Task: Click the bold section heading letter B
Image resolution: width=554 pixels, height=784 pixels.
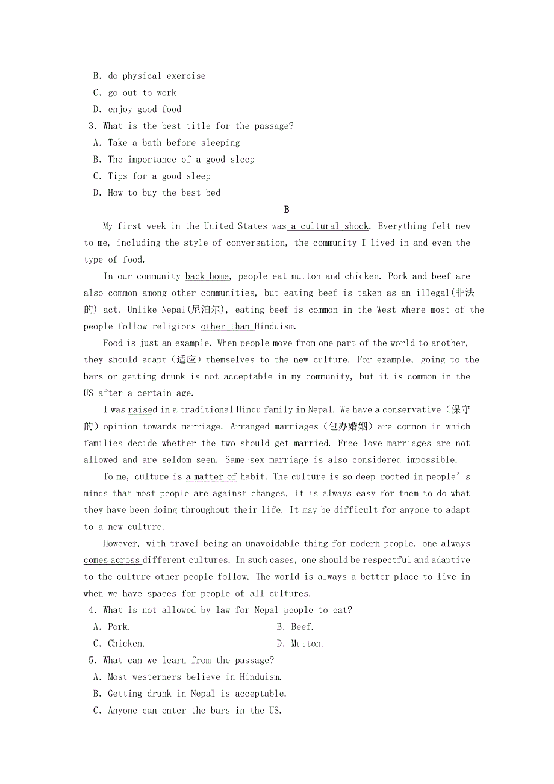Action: (x=287, y=210)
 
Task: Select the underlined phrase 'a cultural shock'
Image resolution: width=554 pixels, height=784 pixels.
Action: (x=329, y=226)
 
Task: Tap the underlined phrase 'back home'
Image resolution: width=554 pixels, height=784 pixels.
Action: (x=207, y=276)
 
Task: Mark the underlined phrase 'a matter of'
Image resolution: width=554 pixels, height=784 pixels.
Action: (x=211, y=476)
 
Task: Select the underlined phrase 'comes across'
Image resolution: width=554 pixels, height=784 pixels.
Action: (x=112, y=560)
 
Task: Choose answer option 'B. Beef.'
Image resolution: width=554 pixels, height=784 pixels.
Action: (x=294, y=627)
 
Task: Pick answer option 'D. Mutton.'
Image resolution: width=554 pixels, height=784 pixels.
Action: (x=299, y=644)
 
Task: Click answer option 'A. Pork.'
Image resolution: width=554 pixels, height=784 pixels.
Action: (x=111, y=627)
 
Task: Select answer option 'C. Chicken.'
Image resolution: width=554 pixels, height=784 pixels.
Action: (x=119, y=644)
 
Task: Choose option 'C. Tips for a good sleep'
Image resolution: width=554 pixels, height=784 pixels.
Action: (x=152, y=176)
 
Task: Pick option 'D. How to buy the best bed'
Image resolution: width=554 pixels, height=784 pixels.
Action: (x=157, y=193)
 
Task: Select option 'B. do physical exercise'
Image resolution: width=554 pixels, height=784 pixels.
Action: (x=149, y=76)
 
